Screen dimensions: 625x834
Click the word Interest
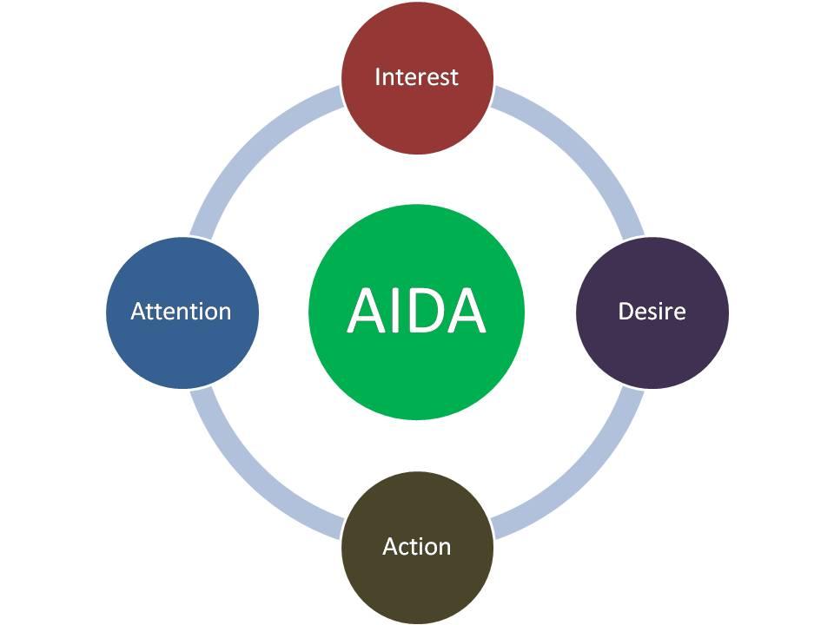(416, 77)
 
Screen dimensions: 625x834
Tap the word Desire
(652, 312)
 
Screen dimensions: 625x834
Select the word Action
(416, 547)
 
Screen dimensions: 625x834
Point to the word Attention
(181, 312)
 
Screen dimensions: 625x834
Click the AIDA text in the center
(416, 311)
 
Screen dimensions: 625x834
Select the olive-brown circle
(417, 582)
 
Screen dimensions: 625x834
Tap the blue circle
(182, 347)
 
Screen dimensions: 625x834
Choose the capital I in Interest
(377, 77)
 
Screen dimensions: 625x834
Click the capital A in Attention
(137, 312)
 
